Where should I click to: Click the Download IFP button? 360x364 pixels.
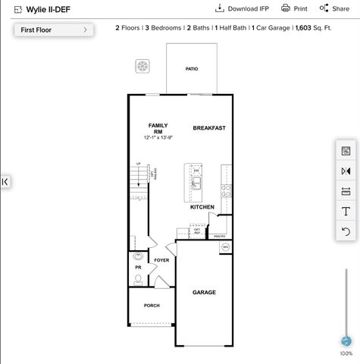pyautogui.click(x=242, y=8)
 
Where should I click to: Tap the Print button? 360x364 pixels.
pyautogui.click(x=294, y=8)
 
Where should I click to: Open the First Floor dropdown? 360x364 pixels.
pyautogui.click(x=53, y=30)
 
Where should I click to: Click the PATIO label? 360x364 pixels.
pyautogui.click(x=192, y=69)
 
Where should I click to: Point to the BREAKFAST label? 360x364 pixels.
pyautogui.click(x=209, y=128)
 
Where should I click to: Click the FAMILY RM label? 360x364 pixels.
pyautogui.click(x=158, y=128)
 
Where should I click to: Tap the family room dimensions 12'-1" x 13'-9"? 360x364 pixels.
pyautogui.click(x=158, y=137)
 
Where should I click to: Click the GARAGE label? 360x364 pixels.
pyautogui.click(x=204, y=292)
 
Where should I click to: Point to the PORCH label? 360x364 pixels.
pyautogui.click(x=152, y=306)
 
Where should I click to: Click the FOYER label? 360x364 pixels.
pyautogui.click(x=161, y=260)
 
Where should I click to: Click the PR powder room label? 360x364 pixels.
pyautogui.click(x=138, y=267)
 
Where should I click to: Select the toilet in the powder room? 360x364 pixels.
pyautogui.click(x=139, y=279)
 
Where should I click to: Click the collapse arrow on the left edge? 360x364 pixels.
pyautogui.click(x=5, y=181)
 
